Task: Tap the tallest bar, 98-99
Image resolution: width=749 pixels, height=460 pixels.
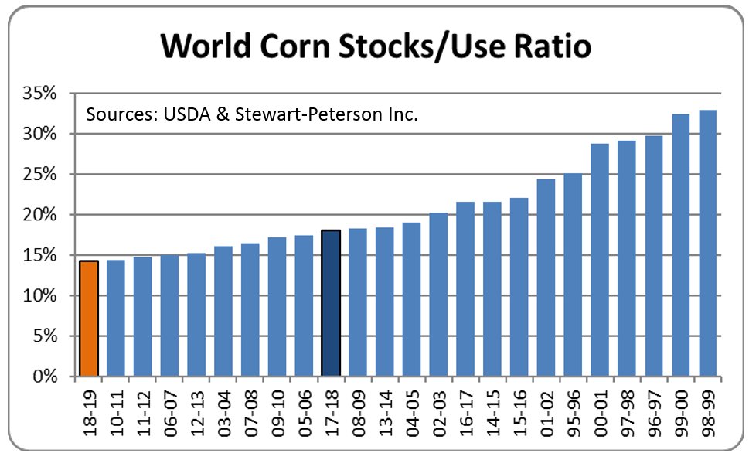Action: coord(708,244)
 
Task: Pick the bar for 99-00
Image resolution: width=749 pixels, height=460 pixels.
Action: coord(681,246)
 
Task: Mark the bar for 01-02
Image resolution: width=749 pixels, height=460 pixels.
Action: coord(546,278)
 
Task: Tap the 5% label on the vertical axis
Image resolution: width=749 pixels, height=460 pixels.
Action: coord(48,336)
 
